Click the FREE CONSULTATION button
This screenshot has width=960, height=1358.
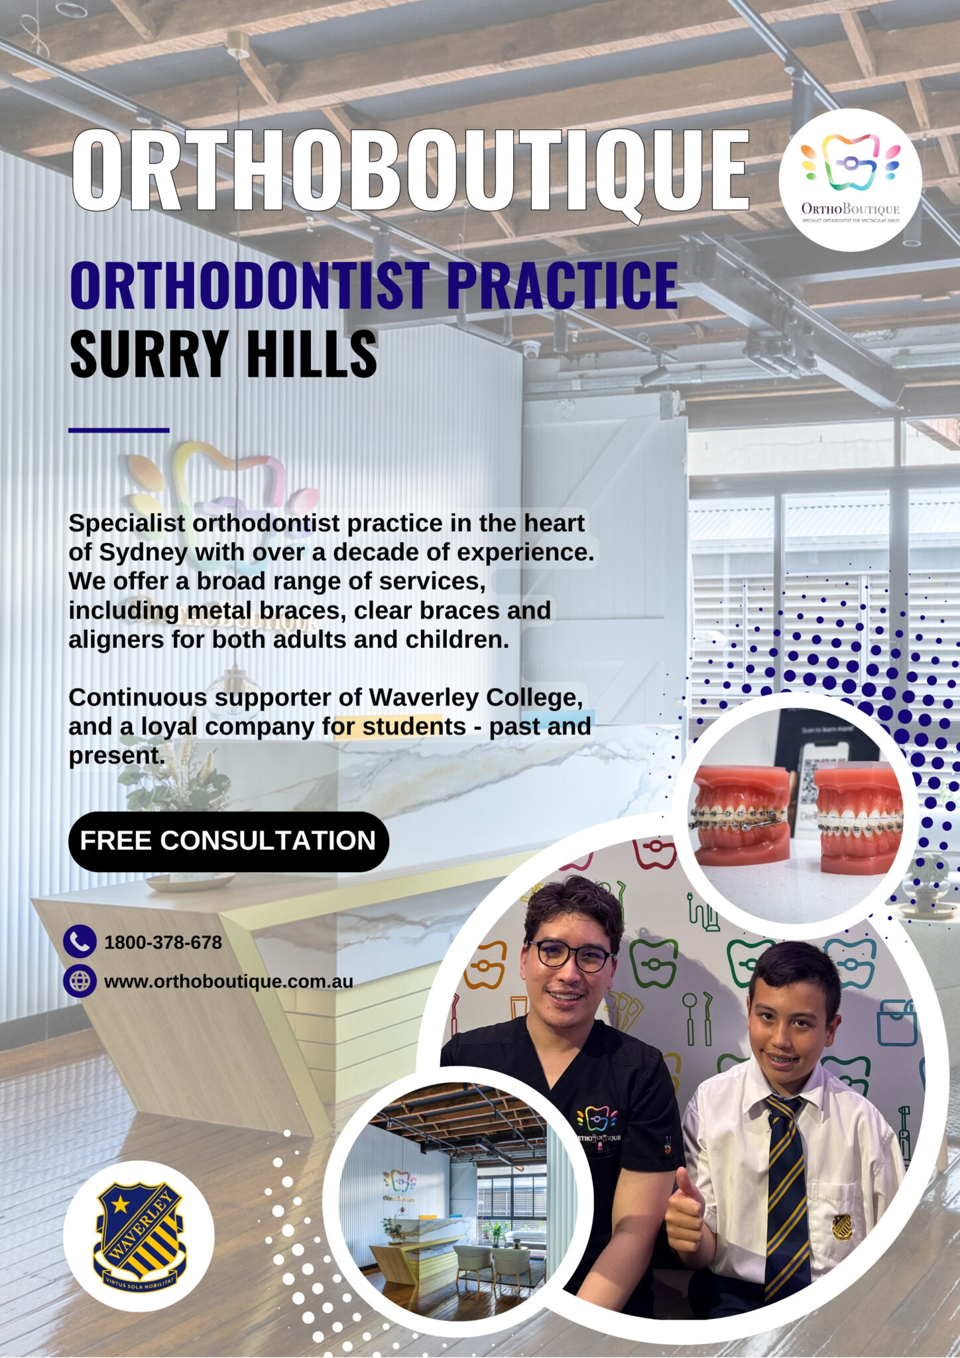(x=228, y=841)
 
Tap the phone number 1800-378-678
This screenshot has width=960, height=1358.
(x=163, y=942)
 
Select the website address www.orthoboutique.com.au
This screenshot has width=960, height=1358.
(x=229, y=981)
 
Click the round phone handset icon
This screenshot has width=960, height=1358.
(x=80, y=942)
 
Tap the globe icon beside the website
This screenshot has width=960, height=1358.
(x=80, y=981)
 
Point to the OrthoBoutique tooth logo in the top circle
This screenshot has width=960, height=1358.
(x=851, y=162)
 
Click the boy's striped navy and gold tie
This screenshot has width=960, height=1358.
(x=788, y=1194)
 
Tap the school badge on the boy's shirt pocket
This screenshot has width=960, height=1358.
(x=843, y=1227)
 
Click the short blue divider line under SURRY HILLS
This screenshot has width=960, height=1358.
(x=119, y=430)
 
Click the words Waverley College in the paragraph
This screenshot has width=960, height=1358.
(x=475, y=698)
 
